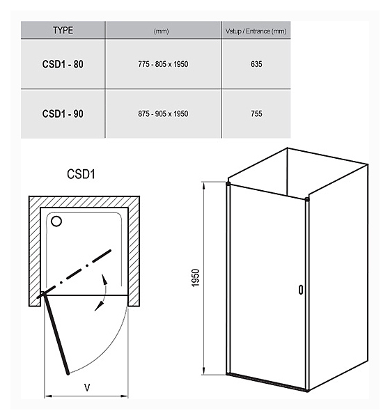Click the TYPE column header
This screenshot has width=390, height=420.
pyautogui.click(x=63, y=30)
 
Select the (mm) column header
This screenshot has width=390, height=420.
pyautogui.click(x=162, y=31)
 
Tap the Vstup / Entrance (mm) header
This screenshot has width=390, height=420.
pyautogui.click(x=256, y=31)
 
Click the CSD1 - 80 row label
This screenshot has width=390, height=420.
pyautogui.click(x=63, y=64)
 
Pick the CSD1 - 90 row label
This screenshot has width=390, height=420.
pyautogui.click(x=63, y=114)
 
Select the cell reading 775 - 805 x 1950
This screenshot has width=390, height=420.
pyautogui.click(x=163, y=64)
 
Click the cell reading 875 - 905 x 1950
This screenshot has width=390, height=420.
pyautogui.click(x=163, y=114)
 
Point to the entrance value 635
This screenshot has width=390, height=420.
pyautogui.click(x=256, y=64)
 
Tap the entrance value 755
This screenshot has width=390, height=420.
pyautogui.click(x=256, y=114)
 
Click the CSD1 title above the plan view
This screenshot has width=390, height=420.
pyautogui.click(x=81, y=174)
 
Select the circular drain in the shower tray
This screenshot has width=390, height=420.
pyautogui.click(x=56, y=221)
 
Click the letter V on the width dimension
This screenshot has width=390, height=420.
pyautogui.click(x=87, y=387)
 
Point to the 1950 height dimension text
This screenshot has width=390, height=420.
pyautogui.click(x=196, y=278)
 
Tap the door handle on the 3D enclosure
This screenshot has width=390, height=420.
pyautogui.click(x=301, y=290)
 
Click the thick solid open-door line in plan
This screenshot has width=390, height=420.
pyautogui.click(x=56, y=333)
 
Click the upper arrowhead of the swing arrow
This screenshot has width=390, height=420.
pyautogui.click(x=104, y=279)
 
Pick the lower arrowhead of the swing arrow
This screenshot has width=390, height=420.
pyautogui.click(x=99, y=306)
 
